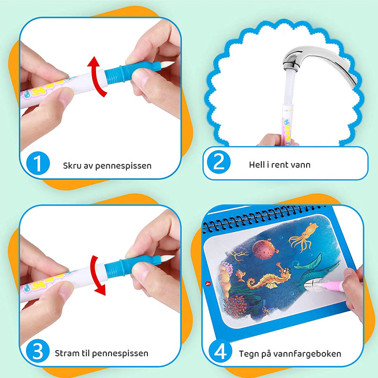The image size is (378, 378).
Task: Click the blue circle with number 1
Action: pyautogui.click(x=38, y=163)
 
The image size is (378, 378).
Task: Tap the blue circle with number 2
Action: pyautogui.click(x=219, y=162)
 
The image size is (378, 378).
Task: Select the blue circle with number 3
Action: pyautogui.click(x=38, y=351)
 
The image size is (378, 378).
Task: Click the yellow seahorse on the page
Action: pyautogui.click(x=267, y=278)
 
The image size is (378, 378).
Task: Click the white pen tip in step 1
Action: pyautogui.click(x=167, y=64)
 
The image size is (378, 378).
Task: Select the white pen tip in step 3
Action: pyautogui.click(x=167, y=258)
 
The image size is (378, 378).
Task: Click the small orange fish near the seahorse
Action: pyautogui.click(x=240, y=275)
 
